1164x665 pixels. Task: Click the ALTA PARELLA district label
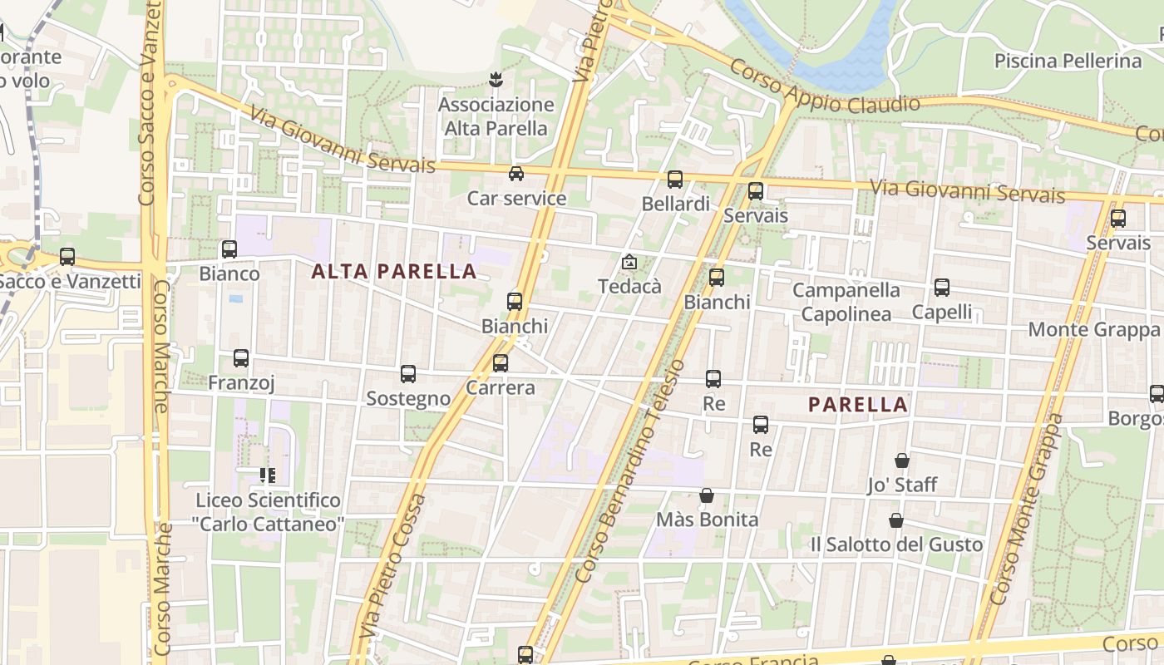point(394,271)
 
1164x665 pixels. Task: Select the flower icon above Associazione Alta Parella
point(496,81)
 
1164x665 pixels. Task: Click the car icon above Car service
point(516,174)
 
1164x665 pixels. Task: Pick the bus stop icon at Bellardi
point(675,179)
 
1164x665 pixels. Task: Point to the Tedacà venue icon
point(629,263)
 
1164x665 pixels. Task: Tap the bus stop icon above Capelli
point(941,288)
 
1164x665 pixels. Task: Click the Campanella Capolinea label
point(846,302)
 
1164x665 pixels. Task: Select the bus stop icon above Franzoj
point(241,358)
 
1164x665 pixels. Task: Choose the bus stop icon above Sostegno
point(408,374)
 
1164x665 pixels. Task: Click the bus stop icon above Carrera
point(501,363)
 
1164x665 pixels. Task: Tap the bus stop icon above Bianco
point(229,249)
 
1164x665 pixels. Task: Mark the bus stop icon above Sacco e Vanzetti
point(67,258)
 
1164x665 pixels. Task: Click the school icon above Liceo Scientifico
point(268,475)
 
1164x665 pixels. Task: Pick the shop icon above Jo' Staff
point(902,461)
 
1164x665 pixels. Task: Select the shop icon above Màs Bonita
point(707,495)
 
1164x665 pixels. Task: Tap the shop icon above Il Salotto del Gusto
point(896,520)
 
